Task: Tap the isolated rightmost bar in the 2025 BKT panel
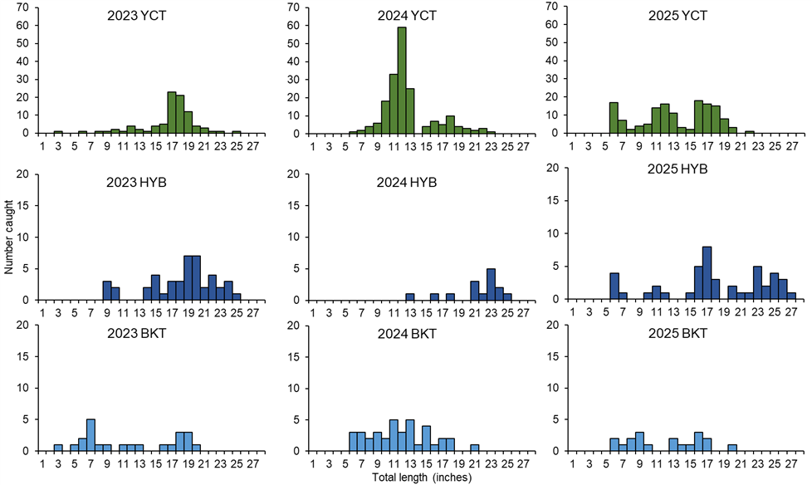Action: pyautogui.click(x=731, y=448)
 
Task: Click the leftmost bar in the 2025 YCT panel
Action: pyautogui.click(x=614, y=117)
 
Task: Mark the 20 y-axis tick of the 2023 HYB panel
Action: pyautogui.click(x=31, y=174)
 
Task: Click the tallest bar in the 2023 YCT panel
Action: pyautogui.click(x=171, y=111)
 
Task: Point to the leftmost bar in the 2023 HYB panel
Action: pyautogui.click(x=106, y=290)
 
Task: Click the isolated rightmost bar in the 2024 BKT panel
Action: pyautogui.click(x=474, y=448)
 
